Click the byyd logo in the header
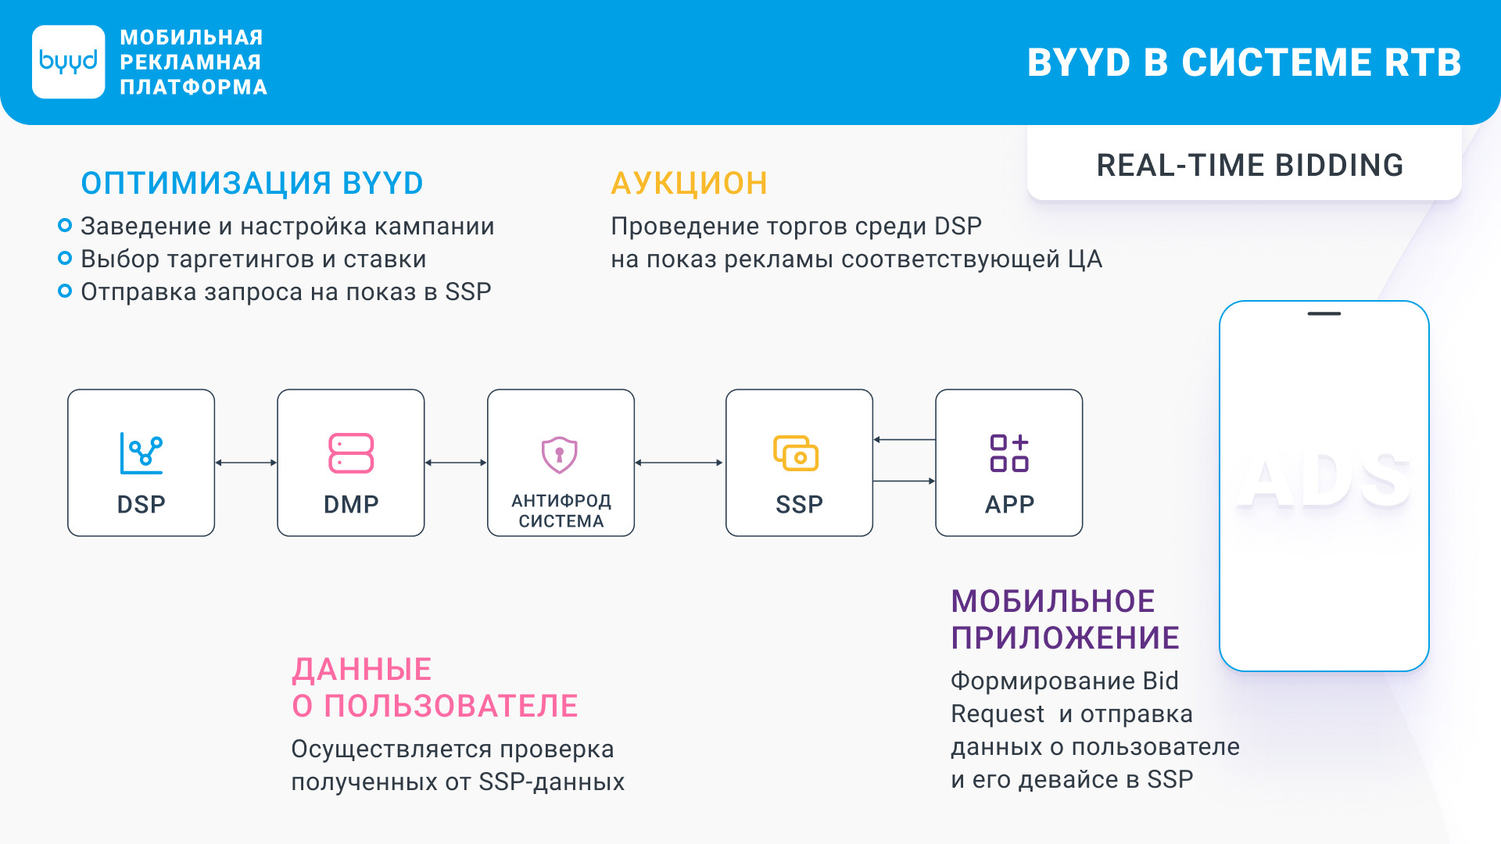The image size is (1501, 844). click(69, 62)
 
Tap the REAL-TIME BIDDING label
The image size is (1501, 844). click(1250, 166)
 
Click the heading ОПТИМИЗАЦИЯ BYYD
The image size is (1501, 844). click(252, 184)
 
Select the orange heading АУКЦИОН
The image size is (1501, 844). click(689, 184)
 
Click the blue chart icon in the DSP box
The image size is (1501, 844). click(142, 453)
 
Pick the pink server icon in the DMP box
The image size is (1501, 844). click(351, 453)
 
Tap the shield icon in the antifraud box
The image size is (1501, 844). click(560, 455)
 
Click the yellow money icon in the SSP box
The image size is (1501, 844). click(796, 453)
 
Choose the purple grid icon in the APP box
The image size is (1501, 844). click(1009, 453)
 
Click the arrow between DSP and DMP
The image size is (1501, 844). click(246, 463)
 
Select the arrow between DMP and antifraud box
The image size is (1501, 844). click(456, 463)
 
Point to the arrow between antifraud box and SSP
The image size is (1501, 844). click(679, 463)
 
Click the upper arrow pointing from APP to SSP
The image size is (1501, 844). click(905, 440)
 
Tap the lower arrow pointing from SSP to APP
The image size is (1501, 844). click(905, 481)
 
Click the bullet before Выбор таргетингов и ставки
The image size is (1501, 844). click(65, 259)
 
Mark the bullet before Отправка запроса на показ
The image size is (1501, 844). click(65, 291)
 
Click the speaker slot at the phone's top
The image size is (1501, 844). click(1324, 313)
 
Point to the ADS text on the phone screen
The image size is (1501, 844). click(1324, 481)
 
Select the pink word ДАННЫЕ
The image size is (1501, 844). click(362, 670)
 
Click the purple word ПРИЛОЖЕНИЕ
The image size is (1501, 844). click(1065, 638)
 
